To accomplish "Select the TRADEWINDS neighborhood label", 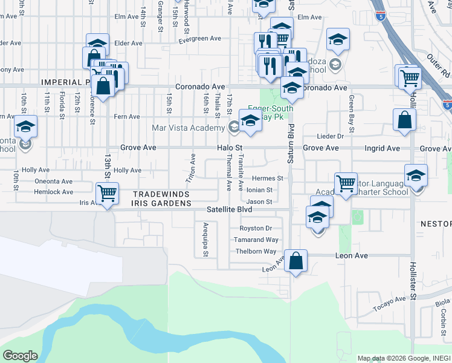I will [161, 194].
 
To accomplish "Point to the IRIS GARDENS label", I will [161, 203].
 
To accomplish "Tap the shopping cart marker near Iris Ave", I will [107, 194].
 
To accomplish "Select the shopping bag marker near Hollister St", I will [404, 120].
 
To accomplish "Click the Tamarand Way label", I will [256, 240].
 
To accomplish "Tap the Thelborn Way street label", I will [256, 251].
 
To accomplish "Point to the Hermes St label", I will [267, 178].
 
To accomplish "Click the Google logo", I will [20, 356].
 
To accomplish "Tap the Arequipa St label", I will [205, 239].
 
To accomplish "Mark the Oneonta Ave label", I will [53, 181].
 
